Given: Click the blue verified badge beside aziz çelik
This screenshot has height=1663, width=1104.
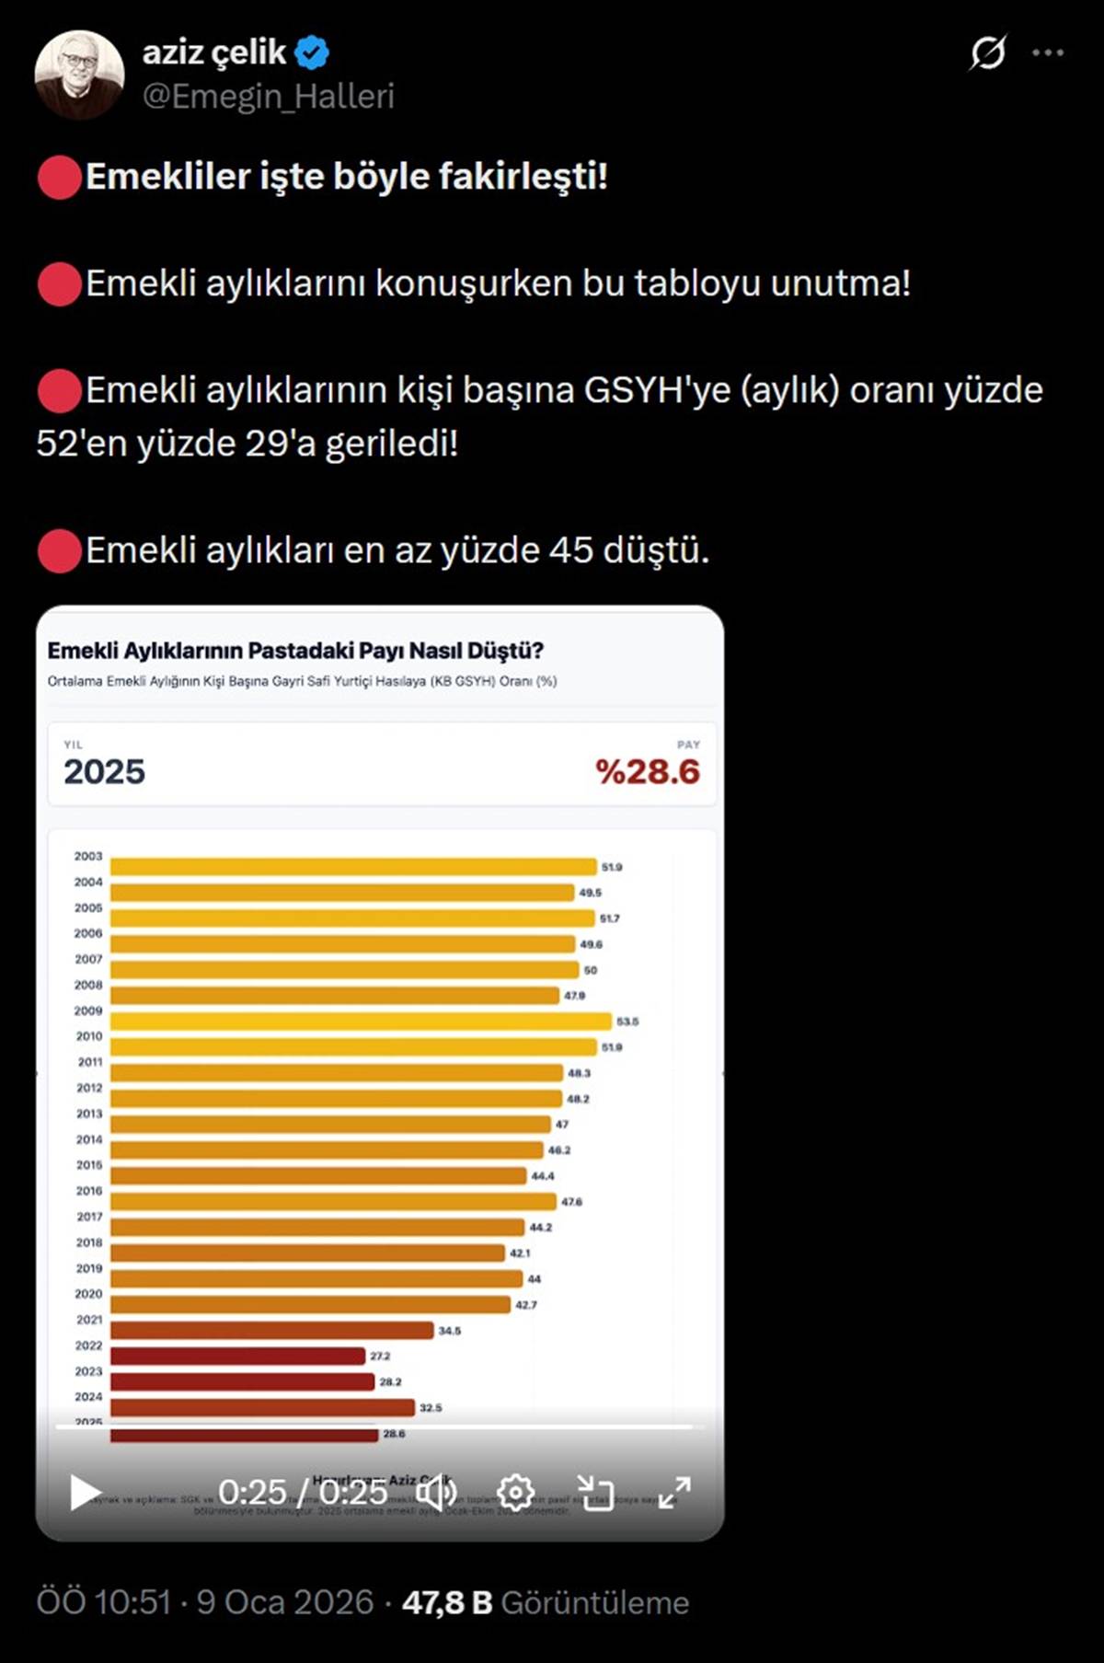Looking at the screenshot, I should pos(312,53).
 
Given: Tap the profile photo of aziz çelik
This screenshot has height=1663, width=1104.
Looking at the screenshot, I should pos(79,75).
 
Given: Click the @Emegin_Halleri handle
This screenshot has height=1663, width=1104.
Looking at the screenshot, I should pos(268,97).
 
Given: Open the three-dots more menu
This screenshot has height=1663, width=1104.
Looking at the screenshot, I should pos(1048,53).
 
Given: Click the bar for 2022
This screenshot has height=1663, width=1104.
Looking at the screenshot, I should pos(237,1356).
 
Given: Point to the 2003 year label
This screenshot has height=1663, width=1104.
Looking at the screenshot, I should pos(88,856).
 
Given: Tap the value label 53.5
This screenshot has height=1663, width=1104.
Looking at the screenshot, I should pos(627,1022).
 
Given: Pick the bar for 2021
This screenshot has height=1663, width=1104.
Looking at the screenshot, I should pos(271,1330).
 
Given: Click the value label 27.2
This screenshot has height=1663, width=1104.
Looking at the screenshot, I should pos(380,1357).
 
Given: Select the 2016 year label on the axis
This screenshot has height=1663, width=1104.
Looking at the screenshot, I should pos(89,1191).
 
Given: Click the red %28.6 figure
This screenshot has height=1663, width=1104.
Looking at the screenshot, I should pos(648,772).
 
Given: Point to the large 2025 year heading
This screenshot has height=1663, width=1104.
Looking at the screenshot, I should pos(104,772).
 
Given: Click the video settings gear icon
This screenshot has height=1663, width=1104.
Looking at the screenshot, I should pos(515,1492).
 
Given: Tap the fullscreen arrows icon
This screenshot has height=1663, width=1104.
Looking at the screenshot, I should pos(674,1492).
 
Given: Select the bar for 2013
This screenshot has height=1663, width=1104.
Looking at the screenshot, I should pos(330,1124).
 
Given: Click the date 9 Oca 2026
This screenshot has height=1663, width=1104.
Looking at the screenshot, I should pos(285,1602).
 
